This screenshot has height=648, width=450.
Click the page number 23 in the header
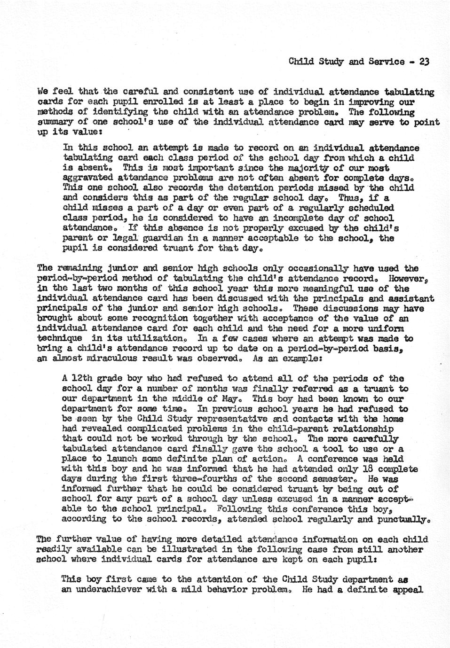tap(425, 62)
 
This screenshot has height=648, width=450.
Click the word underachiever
tap(111, 589)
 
